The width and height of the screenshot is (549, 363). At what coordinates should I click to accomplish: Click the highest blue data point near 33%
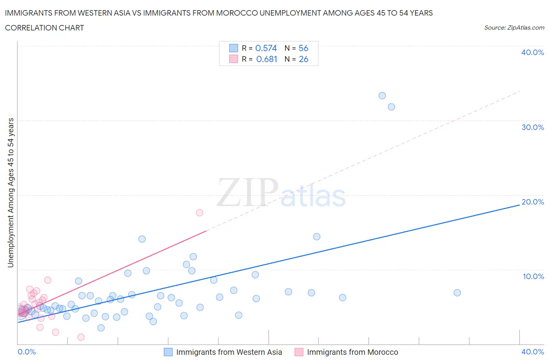[x=382, y=96]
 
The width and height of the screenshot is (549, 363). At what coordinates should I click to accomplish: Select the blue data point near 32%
[x=391, y=107]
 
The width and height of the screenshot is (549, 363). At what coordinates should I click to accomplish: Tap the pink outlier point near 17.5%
[x=200, y=213]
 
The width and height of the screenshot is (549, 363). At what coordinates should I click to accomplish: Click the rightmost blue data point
[x=457, y=293]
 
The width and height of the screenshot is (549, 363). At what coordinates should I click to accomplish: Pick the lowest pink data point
[x=81, y=337]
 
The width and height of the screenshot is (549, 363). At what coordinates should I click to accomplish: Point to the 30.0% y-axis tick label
[x=533, y=127]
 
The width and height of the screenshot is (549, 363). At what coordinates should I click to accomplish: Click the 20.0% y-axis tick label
[x=533, y=202]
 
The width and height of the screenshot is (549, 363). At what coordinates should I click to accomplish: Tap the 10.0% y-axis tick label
[x=533, y=276]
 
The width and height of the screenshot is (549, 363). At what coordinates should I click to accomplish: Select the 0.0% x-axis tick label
[x=27, y=352]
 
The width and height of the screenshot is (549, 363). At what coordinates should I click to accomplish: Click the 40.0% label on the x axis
[x=533, y=352]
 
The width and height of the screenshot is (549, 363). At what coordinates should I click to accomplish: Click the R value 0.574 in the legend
[x=266, y=48]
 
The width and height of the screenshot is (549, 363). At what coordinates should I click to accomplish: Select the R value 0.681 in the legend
[x=267, y=59]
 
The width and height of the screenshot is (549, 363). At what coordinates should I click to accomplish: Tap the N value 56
[x=303, y=48]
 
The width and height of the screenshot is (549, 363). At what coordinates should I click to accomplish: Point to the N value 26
[x=303, y=59]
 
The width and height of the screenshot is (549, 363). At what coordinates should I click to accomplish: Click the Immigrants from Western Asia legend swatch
[x=168, y=352]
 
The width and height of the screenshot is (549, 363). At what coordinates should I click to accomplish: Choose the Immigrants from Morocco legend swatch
[x=299, y=352]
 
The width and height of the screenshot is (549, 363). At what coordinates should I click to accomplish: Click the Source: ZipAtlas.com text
[x=514, y=27]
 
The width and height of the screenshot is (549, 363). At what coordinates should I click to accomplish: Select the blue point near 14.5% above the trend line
[x=317, y=237]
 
